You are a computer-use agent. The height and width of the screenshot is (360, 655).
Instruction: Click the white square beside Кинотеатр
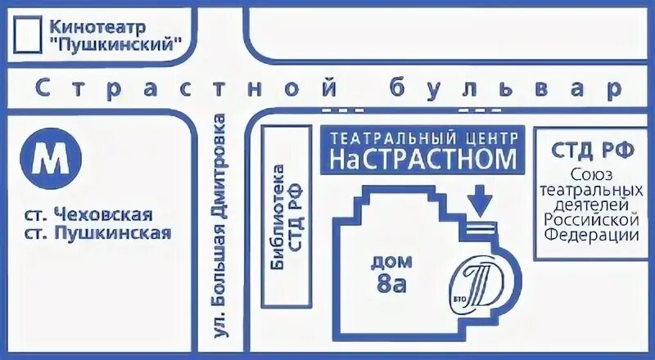click(29, 34)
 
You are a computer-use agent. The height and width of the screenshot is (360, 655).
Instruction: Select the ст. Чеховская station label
click(88, 215)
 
